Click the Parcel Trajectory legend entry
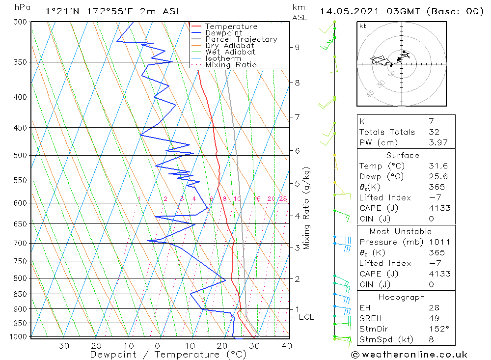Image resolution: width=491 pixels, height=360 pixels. tap(241, 39)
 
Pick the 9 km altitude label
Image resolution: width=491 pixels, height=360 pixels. tap(297, 47)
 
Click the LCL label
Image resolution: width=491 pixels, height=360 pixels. tap(306, 317)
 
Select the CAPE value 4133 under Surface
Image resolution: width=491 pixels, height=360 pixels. tap(439, 208)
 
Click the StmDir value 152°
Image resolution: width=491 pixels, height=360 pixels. tap(436, 329)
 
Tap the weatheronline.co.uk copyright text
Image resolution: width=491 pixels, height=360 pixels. tap(409, 354)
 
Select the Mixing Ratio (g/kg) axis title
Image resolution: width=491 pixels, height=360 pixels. tap(307, 208)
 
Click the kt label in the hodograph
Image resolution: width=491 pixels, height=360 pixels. tap(363, 26)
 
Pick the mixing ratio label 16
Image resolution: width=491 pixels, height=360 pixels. tap(257, 199)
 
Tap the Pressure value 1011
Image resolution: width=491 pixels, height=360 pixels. tap(439, 242)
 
